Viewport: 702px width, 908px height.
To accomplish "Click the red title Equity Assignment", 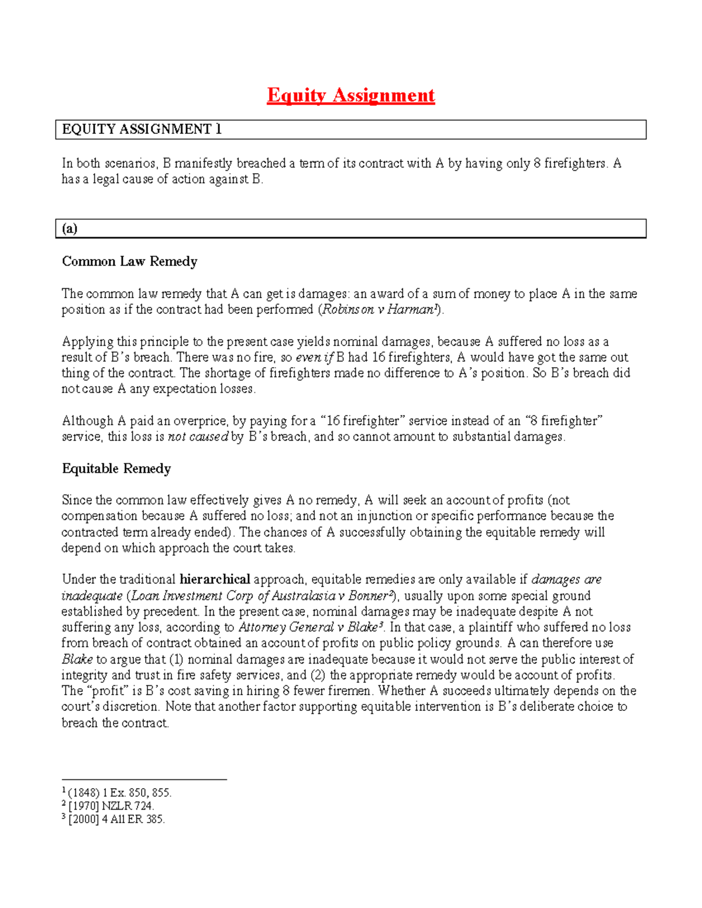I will coord(350,95).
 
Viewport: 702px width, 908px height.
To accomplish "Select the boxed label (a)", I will coord(70,229).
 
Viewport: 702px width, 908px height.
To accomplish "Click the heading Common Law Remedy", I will coord(129,261).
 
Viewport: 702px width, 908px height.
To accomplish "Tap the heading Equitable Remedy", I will coord(116,468).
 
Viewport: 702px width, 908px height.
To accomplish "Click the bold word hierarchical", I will coord(215,579).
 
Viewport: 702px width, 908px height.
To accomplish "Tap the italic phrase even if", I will coord(314,357).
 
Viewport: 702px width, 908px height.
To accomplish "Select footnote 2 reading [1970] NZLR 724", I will coord(111,806).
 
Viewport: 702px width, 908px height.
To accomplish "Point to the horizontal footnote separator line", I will coord(144,779).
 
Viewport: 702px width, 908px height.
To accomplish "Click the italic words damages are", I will coord(566,579).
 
